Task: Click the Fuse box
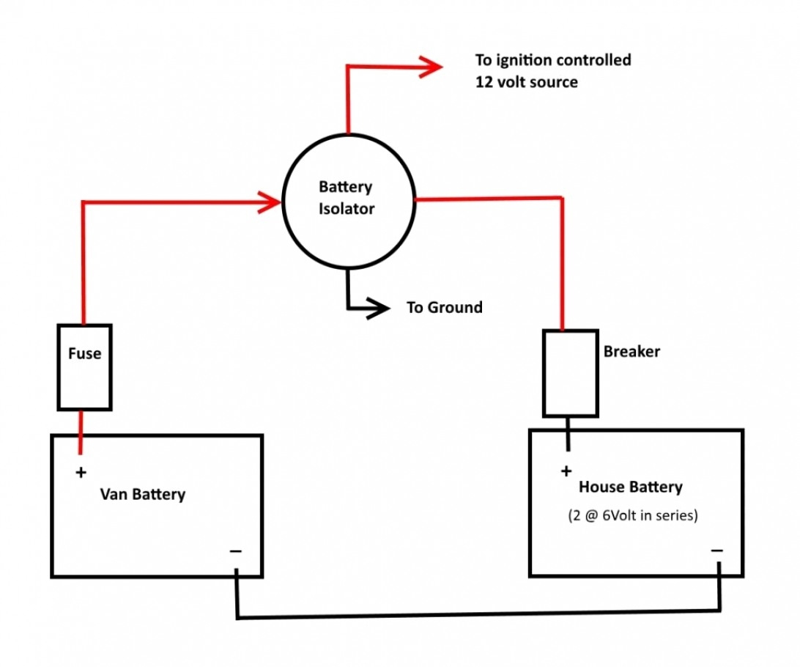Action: click(x=84, y=366)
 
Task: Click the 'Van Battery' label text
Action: click(x=143, y=494)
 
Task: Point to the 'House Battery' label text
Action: click(x=630, y=487)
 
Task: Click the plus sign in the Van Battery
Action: click(x=81, y=472)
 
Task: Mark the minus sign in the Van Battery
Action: click(x=235, y=550)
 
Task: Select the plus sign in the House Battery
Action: click(x=566, y=471)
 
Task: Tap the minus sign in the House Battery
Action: click(x=716, y=550)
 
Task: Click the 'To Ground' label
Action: click(x=445, y=307)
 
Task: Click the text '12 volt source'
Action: click(x=526, y=81)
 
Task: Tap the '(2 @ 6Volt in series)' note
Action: click(x=633, y=515)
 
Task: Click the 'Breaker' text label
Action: click(x=632, y=351)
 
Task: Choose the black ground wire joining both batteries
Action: click(x=476, y=613)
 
